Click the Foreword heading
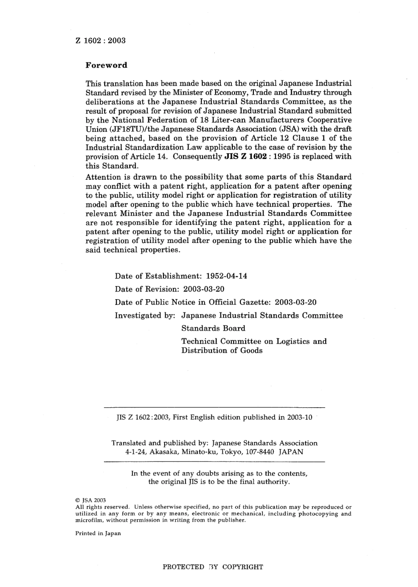coord(106,65)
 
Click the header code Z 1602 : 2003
coord(101,40)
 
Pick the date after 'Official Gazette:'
coord(295,302)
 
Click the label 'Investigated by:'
coord(145,315)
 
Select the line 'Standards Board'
coord(213,328)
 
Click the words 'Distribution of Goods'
coord(222,351)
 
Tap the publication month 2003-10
coord(299,417)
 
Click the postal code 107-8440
coord(259,452)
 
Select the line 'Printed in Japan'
coord(98,533)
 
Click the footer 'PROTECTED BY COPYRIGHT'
coord(213,567)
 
